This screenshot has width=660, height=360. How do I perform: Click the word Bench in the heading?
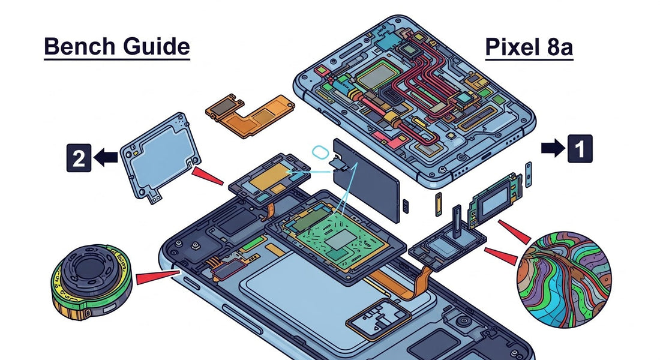(x=76, y=46)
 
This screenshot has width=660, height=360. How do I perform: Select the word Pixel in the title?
(x=512, y=46)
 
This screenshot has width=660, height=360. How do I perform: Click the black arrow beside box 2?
(x=107, y=158)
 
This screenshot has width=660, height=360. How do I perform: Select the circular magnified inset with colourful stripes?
(x=564, y=276)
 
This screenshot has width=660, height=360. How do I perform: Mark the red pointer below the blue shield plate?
(x=208, y=176)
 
